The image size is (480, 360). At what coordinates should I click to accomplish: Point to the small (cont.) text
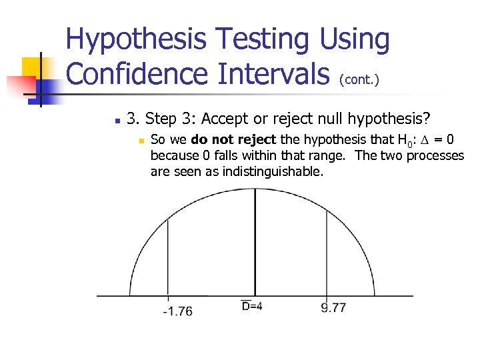[359, 80]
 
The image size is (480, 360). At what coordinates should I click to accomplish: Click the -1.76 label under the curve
[177, 311]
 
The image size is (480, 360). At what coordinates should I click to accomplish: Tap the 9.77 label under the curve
[333, 307]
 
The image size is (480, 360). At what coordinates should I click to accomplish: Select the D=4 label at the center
[252, 306]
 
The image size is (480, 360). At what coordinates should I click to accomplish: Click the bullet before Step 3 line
[116, 121]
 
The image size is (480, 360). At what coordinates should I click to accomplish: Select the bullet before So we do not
[141, 141]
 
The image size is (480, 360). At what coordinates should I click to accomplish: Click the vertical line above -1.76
[167, 253]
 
